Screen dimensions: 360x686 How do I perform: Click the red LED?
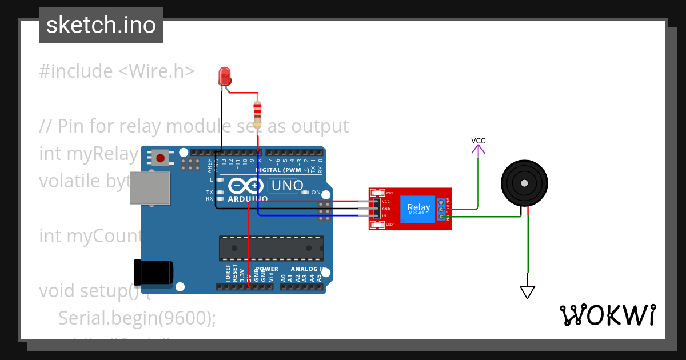pyautogui.click(x=225, y=76)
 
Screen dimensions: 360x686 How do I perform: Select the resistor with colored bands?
pyautogui.click(x=257, y=113)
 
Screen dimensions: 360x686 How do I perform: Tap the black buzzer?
pyautogui.click(x=524, y=183)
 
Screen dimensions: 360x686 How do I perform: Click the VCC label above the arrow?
pyautogui.click(x=478, y=141)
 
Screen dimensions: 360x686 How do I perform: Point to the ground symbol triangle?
pyautogui.click(x=527, y=292)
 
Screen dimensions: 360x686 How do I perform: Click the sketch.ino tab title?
pyautogui.click(x=101, y=25)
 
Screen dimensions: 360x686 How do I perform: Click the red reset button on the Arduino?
pyautogui.click(x=161, y=157)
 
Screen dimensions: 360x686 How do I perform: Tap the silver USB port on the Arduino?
pyautogui.click(x=150, y=187)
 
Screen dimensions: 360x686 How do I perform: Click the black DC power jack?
pyautogui.click(x=153, y=271)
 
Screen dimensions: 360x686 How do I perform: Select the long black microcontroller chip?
pyautogui.click(x=271, y=247)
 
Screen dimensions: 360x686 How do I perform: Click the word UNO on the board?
pyautogui.click(x=287, y=186)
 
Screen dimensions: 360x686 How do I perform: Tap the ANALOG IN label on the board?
pyautogui.click(x=309, y=269)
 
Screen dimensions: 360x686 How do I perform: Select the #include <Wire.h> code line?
pyautogui.click(x=117, y=71)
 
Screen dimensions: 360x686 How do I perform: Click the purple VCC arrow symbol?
pyautogui.click(x=478, y=150)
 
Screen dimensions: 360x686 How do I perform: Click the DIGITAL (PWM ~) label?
pyautogui.click(x=282, y=170)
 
